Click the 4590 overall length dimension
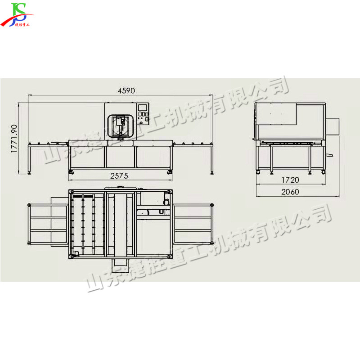[126, 90]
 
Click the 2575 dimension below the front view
[119, 176]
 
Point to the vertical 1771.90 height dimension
[14, 139]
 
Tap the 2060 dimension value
[291, 192]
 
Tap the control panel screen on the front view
[143, 108]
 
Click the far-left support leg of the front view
[30, 160]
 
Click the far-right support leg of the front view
[212, 160]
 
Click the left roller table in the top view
[47, 224]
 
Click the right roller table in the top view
[192, 224]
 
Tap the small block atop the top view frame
[120, 188]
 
